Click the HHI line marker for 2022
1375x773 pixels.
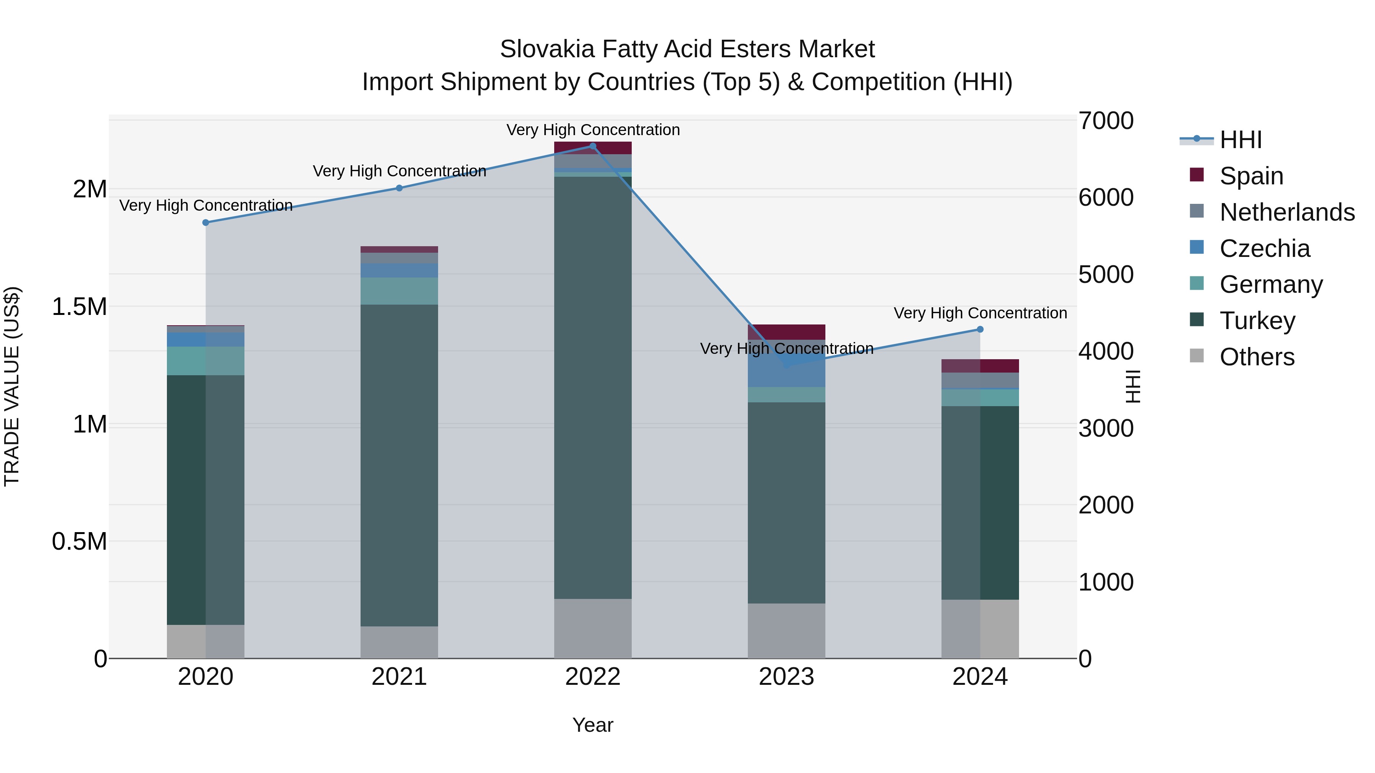(592, 146)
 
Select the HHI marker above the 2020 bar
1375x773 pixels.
(205, 223)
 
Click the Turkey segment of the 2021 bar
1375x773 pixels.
(399, 464)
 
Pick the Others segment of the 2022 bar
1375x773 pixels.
(592, 628)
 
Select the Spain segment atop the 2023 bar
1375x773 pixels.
(786, 332)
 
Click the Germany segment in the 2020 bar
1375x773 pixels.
(205, 361)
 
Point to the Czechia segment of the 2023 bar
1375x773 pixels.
(786, 373)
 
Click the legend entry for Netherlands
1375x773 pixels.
(1287, 212)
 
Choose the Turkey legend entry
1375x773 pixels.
(1257, 321)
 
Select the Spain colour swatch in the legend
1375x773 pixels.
(1197, 175)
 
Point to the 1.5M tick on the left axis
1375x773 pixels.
(79, 307)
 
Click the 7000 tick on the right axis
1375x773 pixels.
(1105, 121)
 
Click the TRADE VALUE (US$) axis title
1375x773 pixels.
(12, 386)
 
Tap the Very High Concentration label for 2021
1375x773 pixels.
(399, 171)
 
